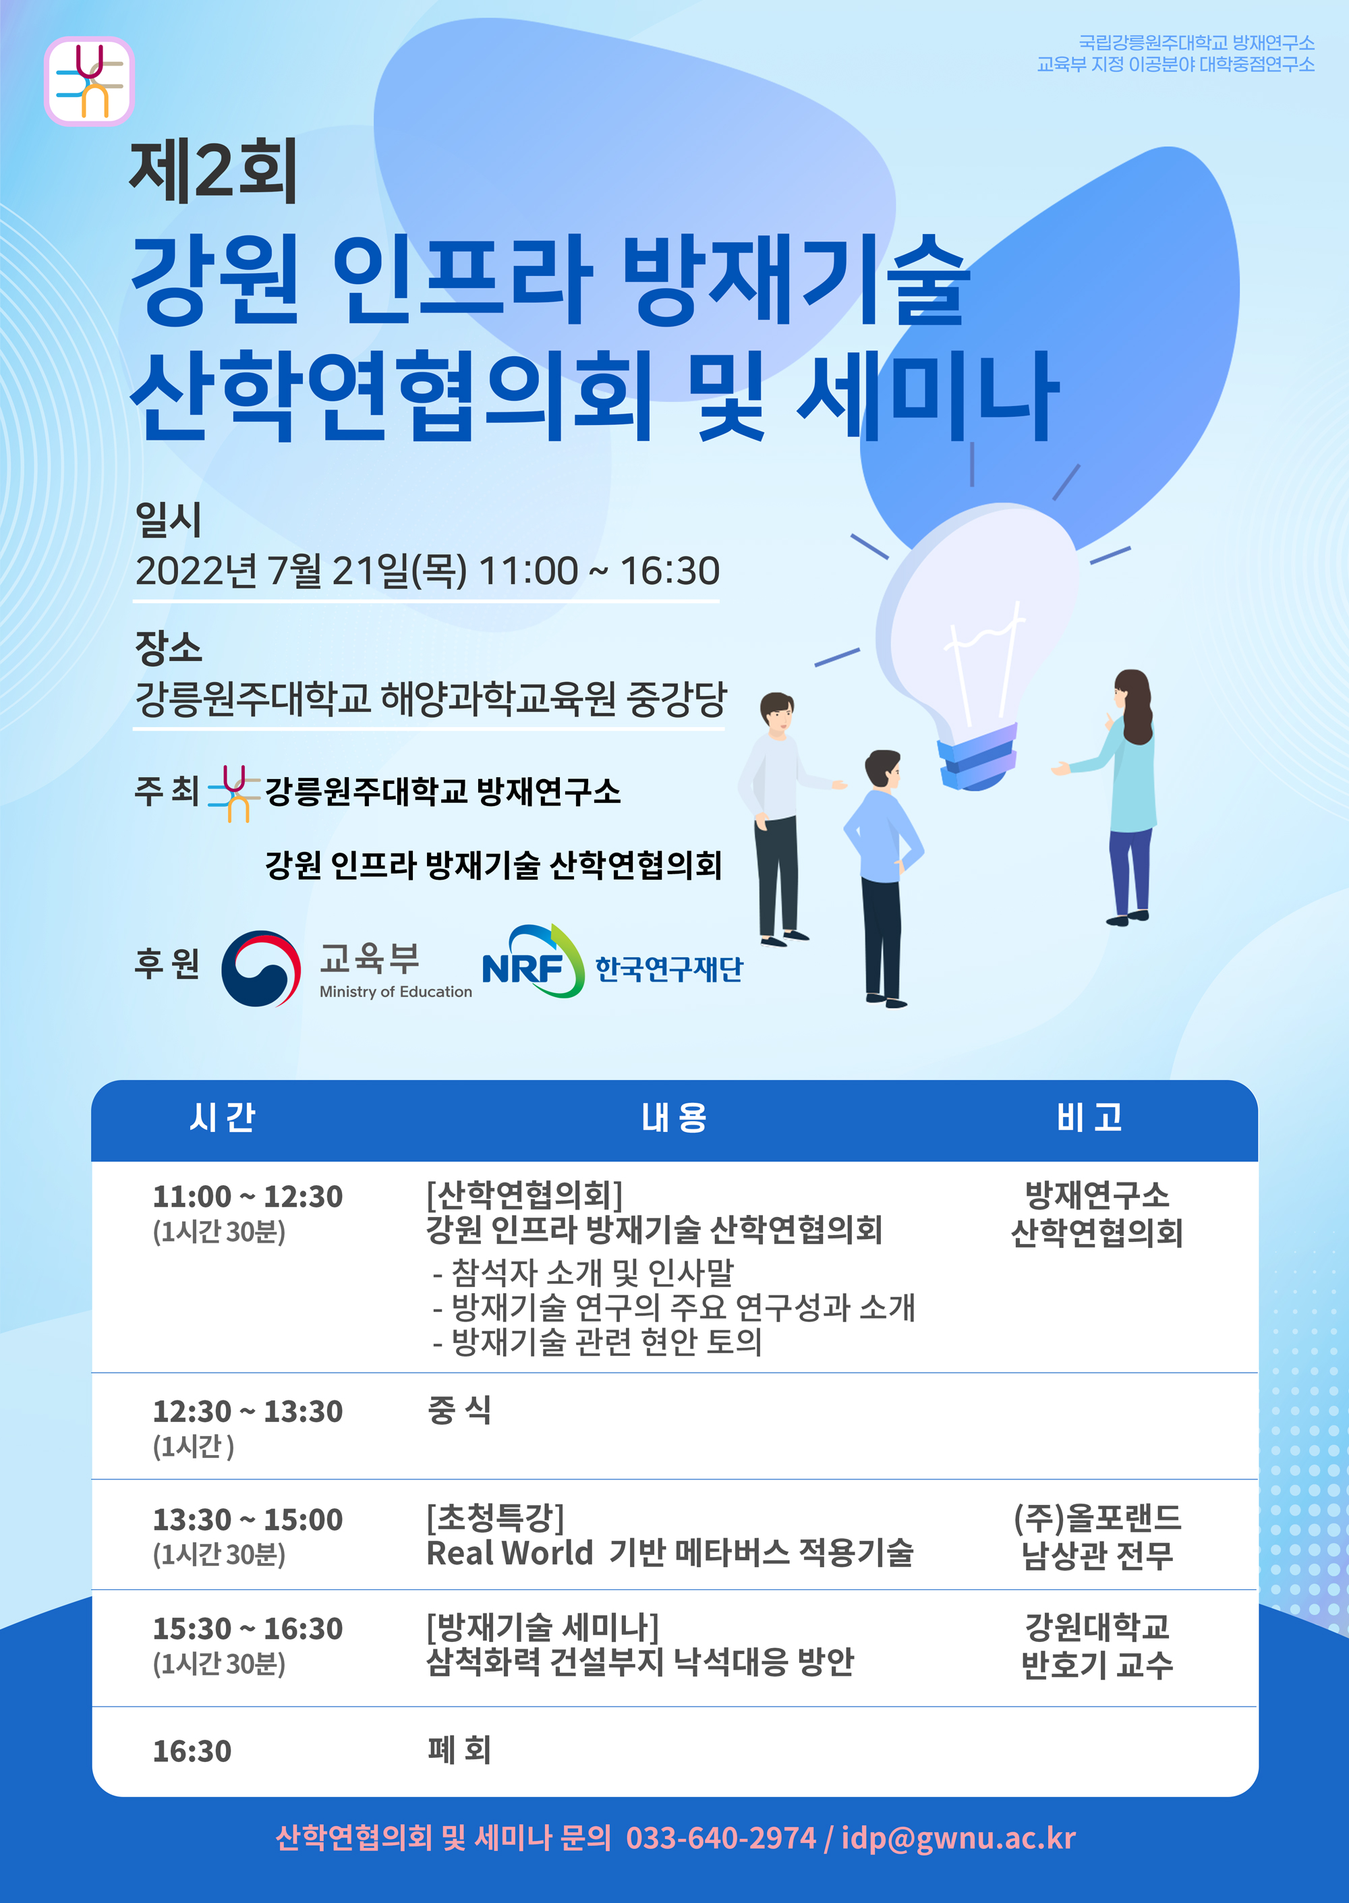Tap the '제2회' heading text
click(214, 171)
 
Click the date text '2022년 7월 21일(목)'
click(301, 571)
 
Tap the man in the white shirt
click(781, 819)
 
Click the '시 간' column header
click(222, 1117)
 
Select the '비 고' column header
click(1089, 1117)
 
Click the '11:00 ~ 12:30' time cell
click(248, 1196)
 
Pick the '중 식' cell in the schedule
click(459, 1410)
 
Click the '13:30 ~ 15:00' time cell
click(248, 1519)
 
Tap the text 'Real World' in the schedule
click(509, 1552)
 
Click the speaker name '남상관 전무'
click(1097, 1555)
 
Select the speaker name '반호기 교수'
click(1097, 1664)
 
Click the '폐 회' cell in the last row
click(459, 1750)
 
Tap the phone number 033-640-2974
click(721, 1838)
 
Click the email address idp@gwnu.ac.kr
click(958, 1839)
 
